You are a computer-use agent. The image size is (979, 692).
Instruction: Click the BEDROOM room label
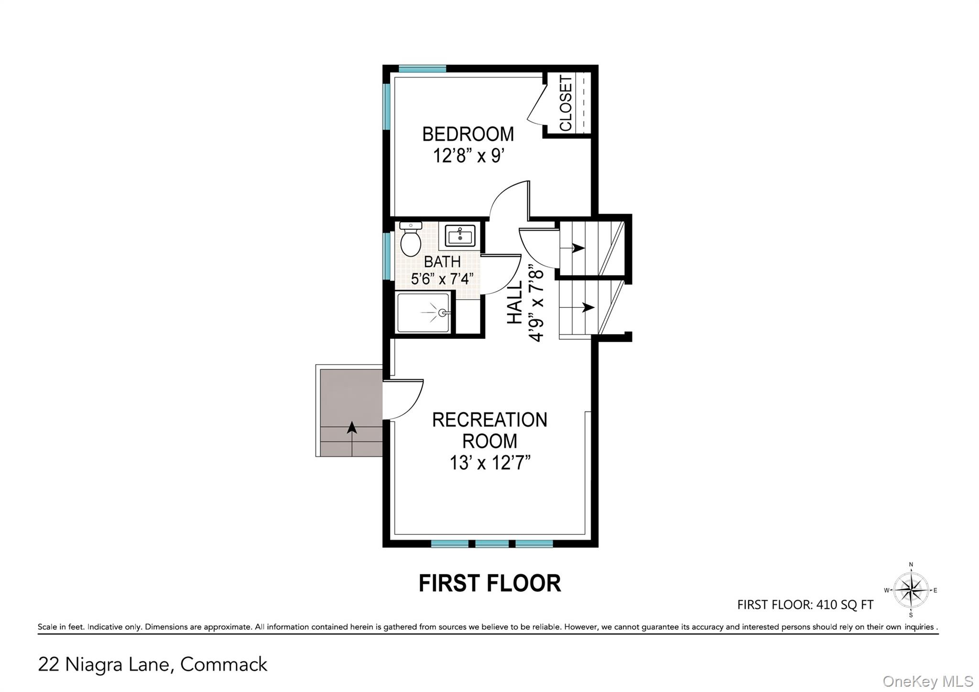[x=468, y=134]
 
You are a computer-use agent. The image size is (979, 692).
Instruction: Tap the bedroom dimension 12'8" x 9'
[x=468, y=156]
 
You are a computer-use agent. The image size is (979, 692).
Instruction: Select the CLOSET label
[x=566, y=103]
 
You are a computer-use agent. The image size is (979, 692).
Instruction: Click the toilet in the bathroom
[x=410, y=240]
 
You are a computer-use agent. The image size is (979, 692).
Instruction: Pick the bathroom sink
[x=460, y=236]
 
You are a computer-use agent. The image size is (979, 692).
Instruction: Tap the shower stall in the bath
[x=424, y=313]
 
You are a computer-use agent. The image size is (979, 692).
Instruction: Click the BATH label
[x=442, y=262]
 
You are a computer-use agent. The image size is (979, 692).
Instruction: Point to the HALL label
[x=515, y=303]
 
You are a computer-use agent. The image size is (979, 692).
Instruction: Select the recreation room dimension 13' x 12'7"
[x=490, y=463]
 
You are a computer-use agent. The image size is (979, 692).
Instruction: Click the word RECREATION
[x=489, y=420]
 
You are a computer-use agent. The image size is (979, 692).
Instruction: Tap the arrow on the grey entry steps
[x=352, y=428]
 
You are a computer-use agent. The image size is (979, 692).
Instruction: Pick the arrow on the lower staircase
[x=587, y=307]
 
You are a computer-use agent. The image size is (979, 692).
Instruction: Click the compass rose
[x=911, y=590]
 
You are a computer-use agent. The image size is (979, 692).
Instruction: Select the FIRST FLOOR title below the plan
[x=489, y=584]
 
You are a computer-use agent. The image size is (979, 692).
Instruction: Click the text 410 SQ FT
[x=845, y=605]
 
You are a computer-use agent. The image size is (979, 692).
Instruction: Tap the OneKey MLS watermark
[x=927, y=681]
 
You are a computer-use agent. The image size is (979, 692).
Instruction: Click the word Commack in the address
[x=224, y=665]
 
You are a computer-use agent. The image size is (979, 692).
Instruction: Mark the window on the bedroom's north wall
[x=422, y=69]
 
